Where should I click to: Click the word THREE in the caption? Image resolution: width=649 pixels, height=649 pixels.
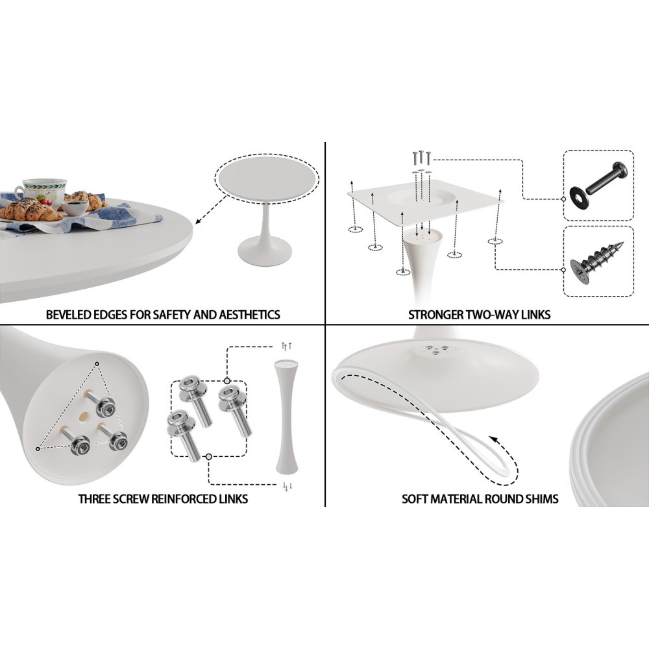90,498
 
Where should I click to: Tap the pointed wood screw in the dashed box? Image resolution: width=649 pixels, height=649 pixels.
598,262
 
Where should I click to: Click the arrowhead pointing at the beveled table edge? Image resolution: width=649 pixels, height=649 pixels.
199,221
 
